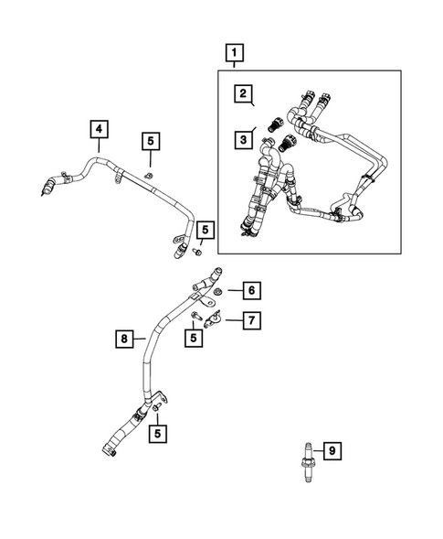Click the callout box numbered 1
click(236, 53)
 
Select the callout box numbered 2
click(243, 93)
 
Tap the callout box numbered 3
click(243, 139)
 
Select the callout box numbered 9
click(332, 450)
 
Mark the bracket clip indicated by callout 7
click(216, 319)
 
